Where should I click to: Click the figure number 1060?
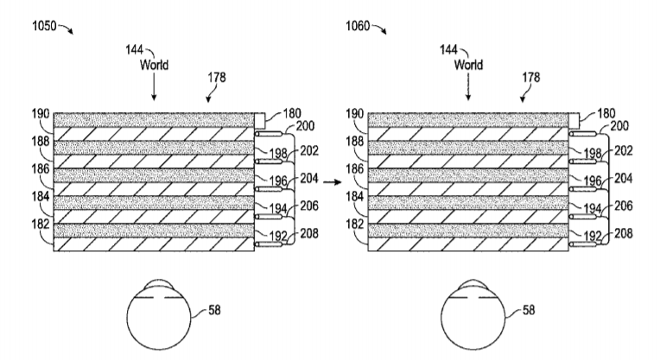[356, 26]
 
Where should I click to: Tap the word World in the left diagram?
[153, 64]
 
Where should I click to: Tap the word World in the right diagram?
[467, 64]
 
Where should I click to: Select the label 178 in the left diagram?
[217, 77]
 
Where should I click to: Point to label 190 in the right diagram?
[354, 115]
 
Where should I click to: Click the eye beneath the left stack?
[156, 314]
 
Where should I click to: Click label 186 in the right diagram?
[354, 169]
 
